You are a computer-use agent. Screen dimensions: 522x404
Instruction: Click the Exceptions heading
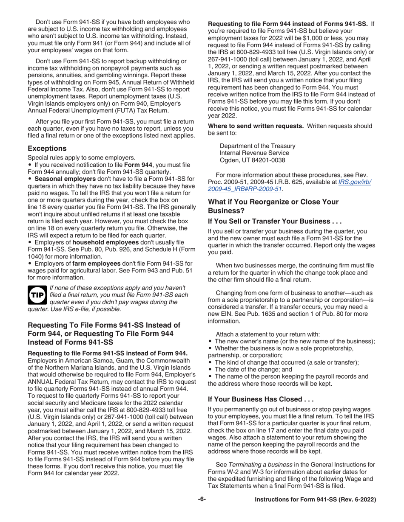[x=47, y=149]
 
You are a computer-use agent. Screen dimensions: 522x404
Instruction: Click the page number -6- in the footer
[x=202, y=500]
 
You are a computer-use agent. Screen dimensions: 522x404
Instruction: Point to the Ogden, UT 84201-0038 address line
[x=253, y=160]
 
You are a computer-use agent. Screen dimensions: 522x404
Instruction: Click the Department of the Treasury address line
[x=257, y=146]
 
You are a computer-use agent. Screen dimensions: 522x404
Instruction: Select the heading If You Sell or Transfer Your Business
[x=275, y=221]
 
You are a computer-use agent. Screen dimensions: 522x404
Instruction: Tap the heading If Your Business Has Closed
[x=260, y=399]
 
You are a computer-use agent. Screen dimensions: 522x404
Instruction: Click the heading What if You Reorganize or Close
[x=272, y=205]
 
